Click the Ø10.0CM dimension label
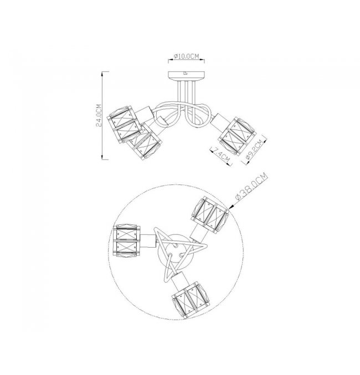pos(186,56)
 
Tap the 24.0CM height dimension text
pos(99,115)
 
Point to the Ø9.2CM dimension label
pos(255,150)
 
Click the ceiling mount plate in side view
pos(186,76)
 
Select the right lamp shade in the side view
pos(237,136)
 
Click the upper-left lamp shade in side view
pos(125,124)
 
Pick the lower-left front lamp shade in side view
pos(144,142)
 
